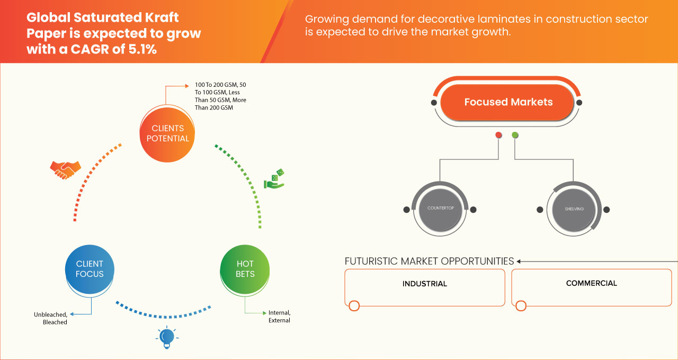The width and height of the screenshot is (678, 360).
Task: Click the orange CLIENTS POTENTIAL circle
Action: [167, 133]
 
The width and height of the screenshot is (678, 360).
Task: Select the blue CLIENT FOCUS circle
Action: [90, 269]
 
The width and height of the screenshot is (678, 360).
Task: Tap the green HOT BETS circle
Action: [245, 269]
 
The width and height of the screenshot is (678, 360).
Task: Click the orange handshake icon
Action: [65, 169]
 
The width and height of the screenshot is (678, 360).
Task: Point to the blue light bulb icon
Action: [167, 337]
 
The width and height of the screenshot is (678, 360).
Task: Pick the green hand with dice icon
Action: [274, 179]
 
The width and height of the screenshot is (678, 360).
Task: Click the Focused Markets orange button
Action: [508, 102]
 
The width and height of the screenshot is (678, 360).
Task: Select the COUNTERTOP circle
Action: [440, 209]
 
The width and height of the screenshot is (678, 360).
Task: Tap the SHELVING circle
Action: [574, 209]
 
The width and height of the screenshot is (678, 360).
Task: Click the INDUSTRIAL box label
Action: [424, 284]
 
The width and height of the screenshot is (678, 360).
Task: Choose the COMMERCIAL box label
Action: [591, 283]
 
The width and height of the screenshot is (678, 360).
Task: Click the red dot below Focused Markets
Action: [498, 136]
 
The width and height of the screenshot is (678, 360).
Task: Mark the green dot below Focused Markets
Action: [515, 136]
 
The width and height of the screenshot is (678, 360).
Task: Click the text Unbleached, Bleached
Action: [51, 318]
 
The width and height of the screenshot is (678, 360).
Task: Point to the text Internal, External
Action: [279, 317]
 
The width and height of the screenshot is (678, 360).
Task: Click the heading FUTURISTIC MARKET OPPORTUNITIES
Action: [429, 261]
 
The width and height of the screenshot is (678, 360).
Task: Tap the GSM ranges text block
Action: [220, 96]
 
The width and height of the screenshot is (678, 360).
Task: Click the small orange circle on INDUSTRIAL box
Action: [354, 305]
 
